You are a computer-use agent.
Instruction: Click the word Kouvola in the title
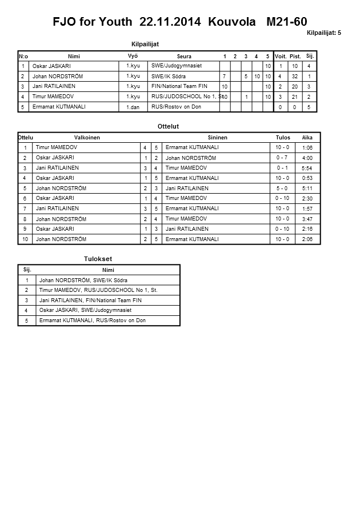click(x=232, y=22)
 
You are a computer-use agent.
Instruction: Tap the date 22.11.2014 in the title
click(x=170, y=22)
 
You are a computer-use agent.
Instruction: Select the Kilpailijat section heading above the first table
click(x=145, y=44)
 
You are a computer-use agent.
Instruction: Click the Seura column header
click(x=184, y=57)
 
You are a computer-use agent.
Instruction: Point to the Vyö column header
click(x=133, y=56)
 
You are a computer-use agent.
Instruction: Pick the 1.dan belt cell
click(x=133, y=107)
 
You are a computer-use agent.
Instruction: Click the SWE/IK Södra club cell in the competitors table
click(x=169, y=76)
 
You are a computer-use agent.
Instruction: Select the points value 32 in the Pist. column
click(x=295, y=77)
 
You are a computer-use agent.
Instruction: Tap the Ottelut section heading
click(x=168, y=126)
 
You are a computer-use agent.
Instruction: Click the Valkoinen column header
click(x=87, y=138)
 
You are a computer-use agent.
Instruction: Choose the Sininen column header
click(x=218, y=138)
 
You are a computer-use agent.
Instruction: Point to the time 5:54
click(x=307, y=169)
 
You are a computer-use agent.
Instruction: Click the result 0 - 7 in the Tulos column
click(x=282, y=158)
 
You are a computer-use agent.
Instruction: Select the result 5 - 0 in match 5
click(x=282, y=189)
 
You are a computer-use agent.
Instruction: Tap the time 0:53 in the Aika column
click(x=307, y=178)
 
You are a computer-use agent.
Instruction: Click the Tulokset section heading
click(x=98, y=259)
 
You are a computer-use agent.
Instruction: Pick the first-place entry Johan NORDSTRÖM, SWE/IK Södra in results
click(x=83, y=280)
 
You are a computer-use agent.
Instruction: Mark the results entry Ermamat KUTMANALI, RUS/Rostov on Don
click(x=92, y=320)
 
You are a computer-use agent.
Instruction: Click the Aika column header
click(x=307, y=138)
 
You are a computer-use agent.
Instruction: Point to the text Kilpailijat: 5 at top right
click(x=323, y=33)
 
